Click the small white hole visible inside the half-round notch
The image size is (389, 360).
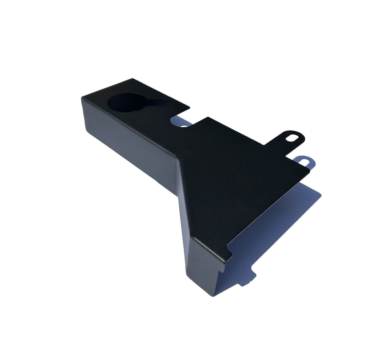(x=184, y=125)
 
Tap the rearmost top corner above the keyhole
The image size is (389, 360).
(x=132, y=78)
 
